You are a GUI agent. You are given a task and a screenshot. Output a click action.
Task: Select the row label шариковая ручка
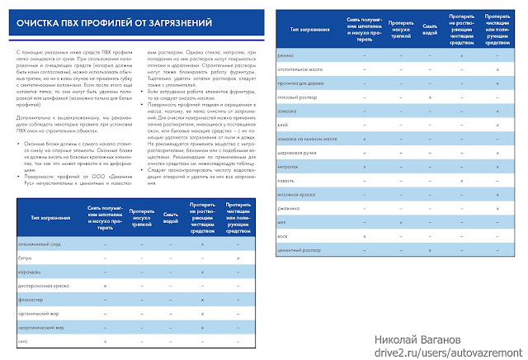point(301,153)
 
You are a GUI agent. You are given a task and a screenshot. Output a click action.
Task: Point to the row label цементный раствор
point(302,249)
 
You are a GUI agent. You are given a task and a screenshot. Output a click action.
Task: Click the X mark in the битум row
point(238,258)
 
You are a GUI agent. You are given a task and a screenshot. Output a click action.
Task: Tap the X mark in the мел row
point(400,221)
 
